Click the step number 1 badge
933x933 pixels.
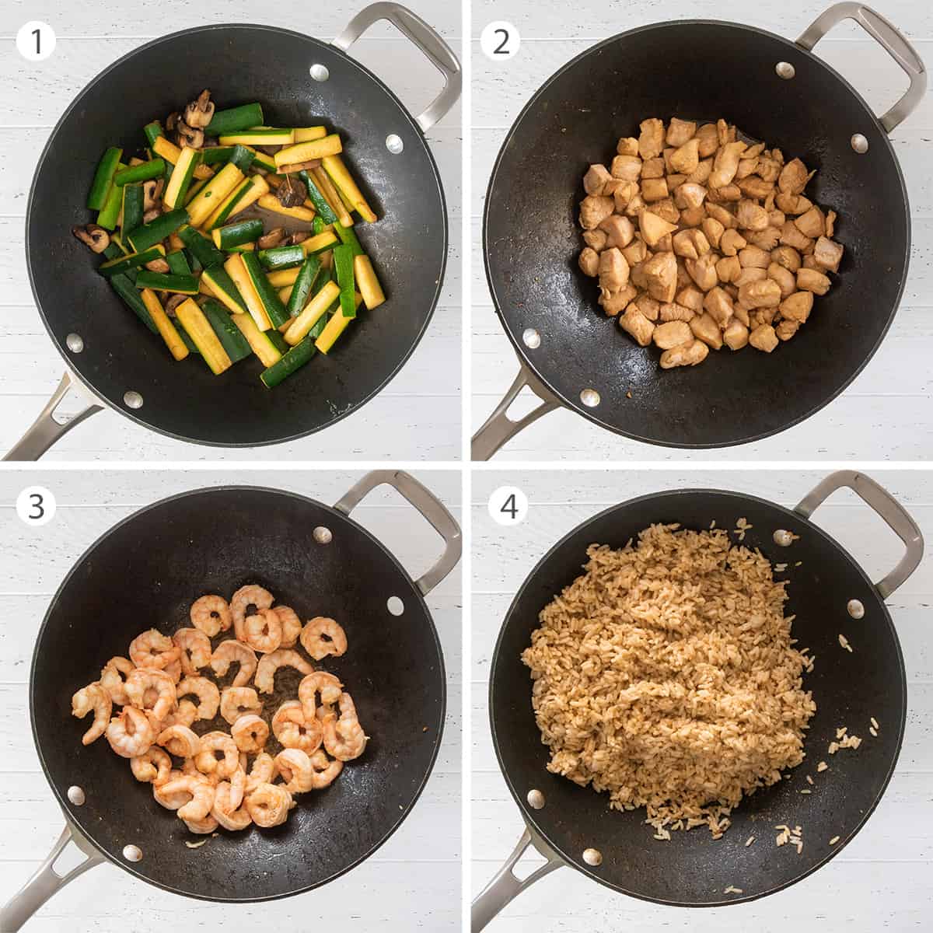(36, 40)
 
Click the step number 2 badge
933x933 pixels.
(501, 40)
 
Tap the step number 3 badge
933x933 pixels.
(36, 508)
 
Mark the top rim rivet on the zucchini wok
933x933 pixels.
(319, 72)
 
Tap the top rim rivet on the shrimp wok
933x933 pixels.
(320, 535)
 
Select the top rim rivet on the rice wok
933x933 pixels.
(781, 536)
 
